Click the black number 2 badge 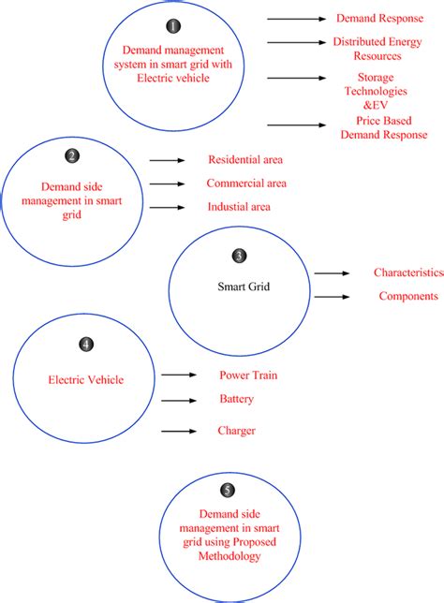coord(72,156)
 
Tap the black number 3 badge coord(239,255)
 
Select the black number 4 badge coord(85,344)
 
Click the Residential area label coord(245,160)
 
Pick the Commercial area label coord(246,184)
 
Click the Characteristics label coord(407,272)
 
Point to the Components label coord(407,296)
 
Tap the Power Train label coord(248,375)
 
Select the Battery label coord(237,399)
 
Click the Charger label coord(237,431)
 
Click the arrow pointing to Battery coord(179,400)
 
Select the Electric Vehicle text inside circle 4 coord(85,380)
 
